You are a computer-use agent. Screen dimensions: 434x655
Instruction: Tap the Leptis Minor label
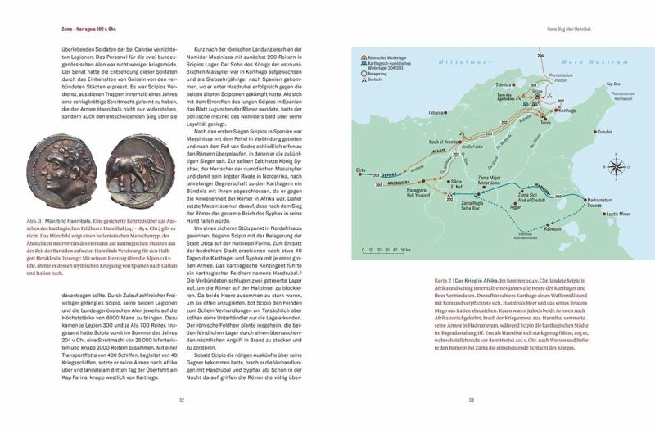619,214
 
